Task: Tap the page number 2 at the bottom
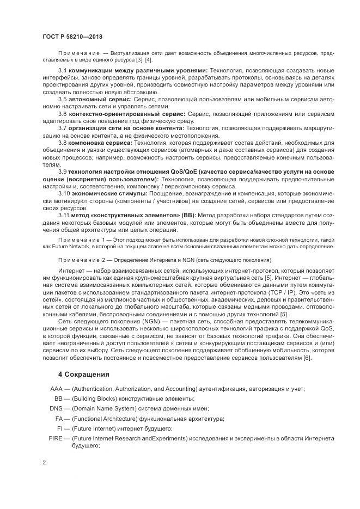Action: [44, 463]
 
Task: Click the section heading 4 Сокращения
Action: [85, 375]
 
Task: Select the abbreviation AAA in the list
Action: [56, 389]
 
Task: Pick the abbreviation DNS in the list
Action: [56, 408]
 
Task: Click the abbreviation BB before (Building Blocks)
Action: [59, 398]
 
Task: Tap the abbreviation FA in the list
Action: [59, 419]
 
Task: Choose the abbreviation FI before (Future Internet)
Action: [60, 428]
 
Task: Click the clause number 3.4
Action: [62, 71]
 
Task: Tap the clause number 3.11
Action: [64, 214]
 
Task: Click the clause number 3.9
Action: [62, 171]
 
